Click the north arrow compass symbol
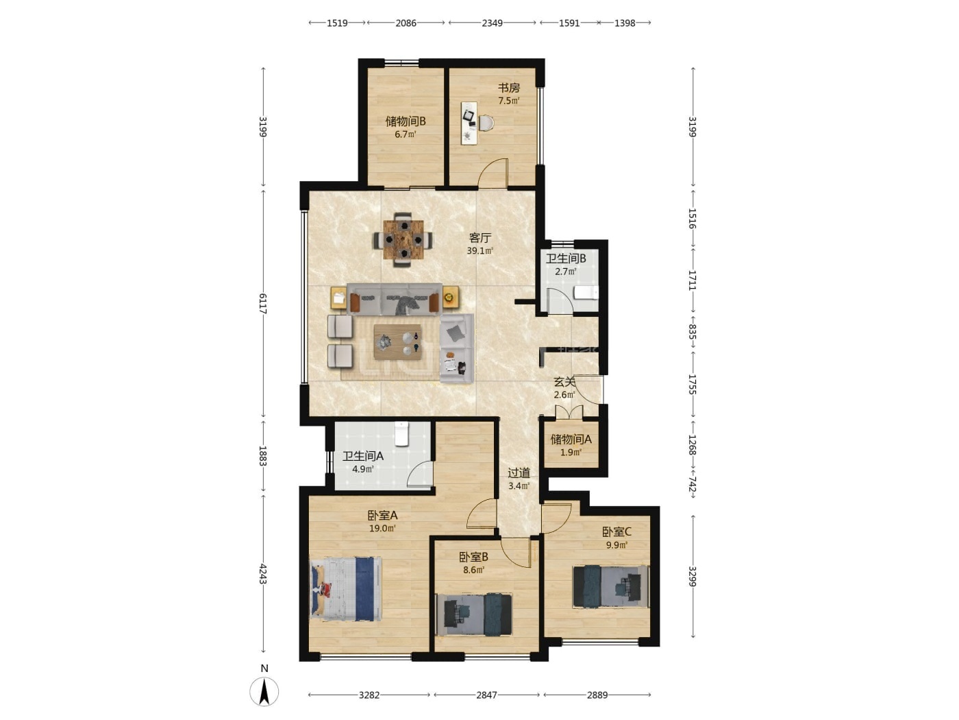tap(264, 691)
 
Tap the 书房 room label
tap(508, 88)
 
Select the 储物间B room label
tap(406, 121)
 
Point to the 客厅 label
tap(480, 238)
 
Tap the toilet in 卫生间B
tap(584, 293)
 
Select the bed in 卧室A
tap(345, 588)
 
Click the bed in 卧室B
tap(474, 614)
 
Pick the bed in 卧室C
tap(610, 586)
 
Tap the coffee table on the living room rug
tap(397, 341)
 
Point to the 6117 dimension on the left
tap(262, 303)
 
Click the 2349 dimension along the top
tap(492, 23)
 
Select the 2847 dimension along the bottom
tap(486, 695)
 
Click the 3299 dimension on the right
tap(692, 577)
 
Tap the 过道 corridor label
tap(519, 472)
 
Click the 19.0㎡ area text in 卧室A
tap(382, 528)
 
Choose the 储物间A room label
tap(571, 440)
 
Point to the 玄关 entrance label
tap(564, 382)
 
